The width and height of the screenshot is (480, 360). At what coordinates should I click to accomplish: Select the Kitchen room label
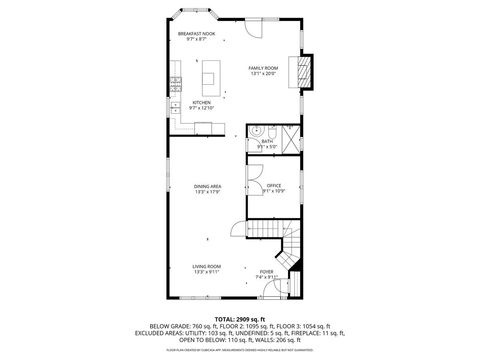[201, 102]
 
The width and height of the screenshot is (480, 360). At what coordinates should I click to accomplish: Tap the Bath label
[267, 141]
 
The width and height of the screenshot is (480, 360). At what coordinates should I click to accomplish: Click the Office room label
[274, 186]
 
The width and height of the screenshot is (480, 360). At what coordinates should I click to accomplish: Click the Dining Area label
[207, 187]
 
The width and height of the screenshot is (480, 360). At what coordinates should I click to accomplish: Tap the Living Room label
[207, 266]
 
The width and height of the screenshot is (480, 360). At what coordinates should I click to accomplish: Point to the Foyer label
[266, 271]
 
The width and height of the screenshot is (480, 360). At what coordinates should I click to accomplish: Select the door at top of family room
[254, 28]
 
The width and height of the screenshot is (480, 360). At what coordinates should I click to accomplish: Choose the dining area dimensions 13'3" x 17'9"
[207, 193]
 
